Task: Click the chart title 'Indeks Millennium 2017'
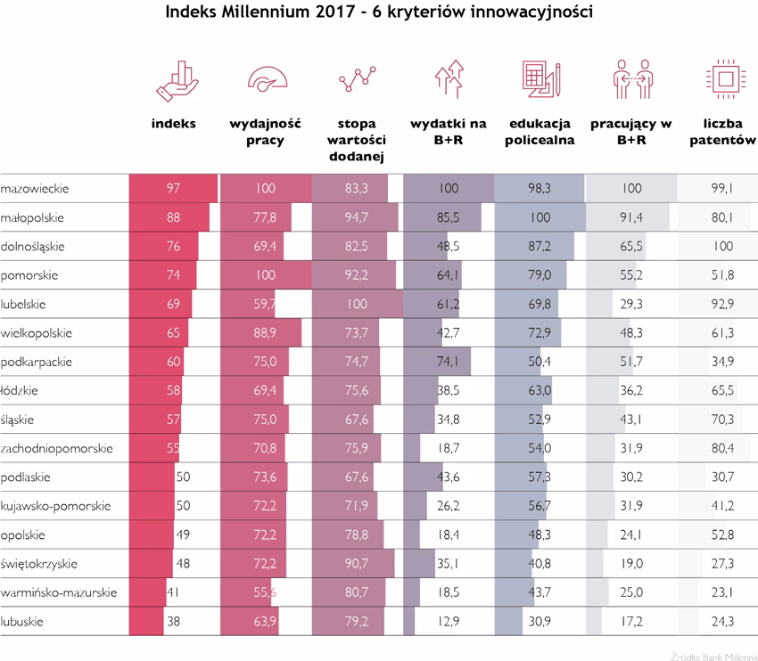click(379, 13)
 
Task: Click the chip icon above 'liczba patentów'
click(720, 78)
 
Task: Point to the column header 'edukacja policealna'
click(539, 132)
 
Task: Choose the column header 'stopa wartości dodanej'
click(357, 140)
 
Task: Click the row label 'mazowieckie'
click(36, 189)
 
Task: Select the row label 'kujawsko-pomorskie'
click(56, 506)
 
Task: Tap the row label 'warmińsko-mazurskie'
click(59, 592)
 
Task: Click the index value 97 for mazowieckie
click(174, 189)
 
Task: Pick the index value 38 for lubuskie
click(174, 621)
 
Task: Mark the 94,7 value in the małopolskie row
click(357, 217)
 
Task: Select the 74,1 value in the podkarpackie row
click(449, 362)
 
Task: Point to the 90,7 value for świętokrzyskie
click(357, 564)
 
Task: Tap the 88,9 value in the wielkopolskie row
click(266, 333)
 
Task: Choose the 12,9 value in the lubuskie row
click(449, 621)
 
